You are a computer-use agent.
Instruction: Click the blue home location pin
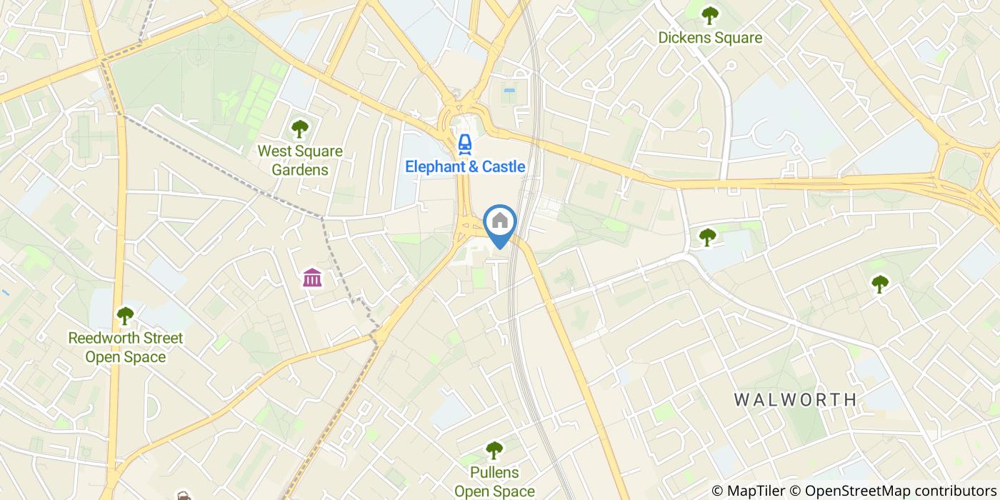click(500, 221)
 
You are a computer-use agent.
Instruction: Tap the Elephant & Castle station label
click(465, 167)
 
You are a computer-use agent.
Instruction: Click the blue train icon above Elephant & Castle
click(465, 144)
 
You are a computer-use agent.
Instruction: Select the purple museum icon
click(312, 277)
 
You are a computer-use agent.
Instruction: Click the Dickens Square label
click(710, 38)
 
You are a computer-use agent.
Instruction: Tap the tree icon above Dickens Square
click(709, 14)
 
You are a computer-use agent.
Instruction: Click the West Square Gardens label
click(300, 161)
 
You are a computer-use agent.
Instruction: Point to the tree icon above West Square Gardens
click(300, 129)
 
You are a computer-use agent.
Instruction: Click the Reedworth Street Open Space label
click(126, 347)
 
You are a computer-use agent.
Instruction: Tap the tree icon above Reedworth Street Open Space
click(126, 315)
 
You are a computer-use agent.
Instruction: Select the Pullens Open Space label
click(494, 481)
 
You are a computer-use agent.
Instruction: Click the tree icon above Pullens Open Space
click(494, 450)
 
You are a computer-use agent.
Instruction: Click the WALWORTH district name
click(796, 399)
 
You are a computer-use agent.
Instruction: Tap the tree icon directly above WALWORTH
click(879, 284)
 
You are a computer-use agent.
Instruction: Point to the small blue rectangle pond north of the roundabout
click(509, 91)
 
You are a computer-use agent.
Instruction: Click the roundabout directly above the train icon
click(465, 114)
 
